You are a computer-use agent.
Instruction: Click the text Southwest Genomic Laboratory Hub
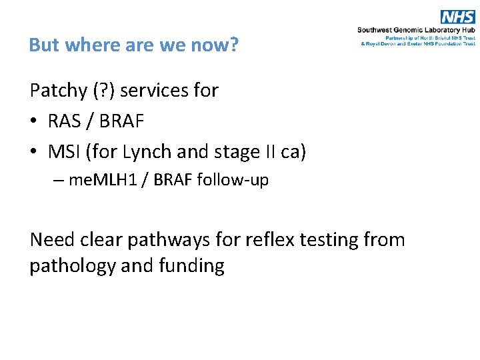416,30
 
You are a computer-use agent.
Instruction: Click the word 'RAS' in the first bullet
65,121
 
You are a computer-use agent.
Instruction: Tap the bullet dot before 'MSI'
34,153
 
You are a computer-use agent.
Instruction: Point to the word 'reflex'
281,239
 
